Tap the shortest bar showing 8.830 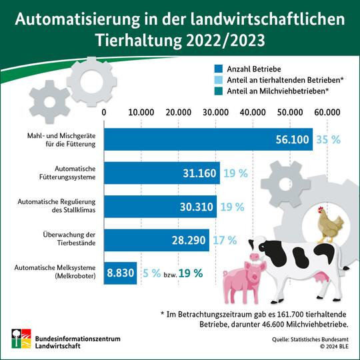(x=121, y=273)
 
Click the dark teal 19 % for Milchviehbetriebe (x=190, y=273)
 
